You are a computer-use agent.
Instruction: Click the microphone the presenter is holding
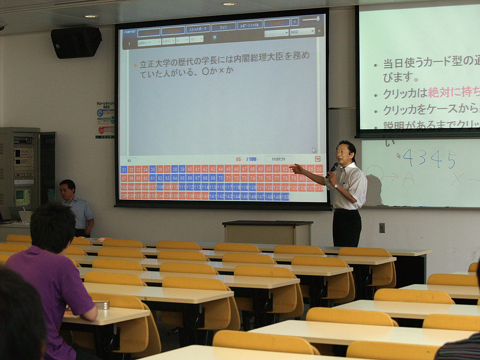point(333,167)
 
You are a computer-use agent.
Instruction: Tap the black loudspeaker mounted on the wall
point(76,42)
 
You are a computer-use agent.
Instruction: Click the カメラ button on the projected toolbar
point(224,27)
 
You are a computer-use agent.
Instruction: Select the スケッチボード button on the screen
point(198,29)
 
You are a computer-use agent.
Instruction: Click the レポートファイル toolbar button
point(250,25)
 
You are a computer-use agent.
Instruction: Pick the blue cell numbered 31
point(124,170)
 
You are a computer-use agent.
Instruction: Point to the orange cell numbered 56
point(319,169)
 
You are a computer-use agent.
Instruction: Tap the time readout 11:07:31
point(278,159)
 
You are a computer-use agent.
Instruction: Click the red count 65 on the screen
point(238,159)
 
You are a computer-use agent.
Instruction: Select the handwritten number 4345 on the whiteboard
point(429,159)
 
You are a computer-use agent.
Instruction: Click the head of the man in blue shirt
point(67,189)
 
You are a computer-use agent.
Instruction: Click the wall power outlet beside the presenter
point(382,227)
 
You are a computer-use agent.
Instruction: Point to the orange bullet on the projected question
point(136,65)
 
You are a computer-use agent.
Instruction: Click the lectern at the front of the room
point(267,232)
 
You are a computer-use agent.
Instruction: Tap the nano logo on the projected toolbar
point(129,32)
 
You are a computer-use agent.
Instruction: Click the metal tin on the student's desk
point(101,305)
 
